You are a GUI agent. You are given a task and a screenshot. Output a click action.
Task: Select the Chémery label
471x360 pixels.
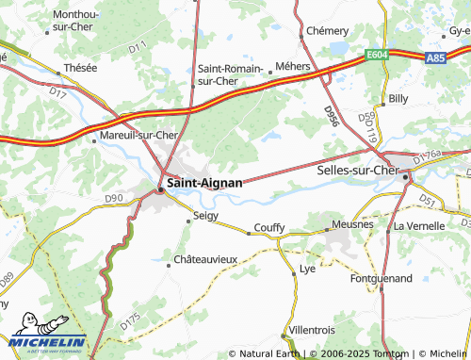coord(327,31)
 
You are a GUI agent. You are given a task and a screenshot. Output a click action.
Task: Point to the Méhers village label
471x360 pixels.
coord(287,66)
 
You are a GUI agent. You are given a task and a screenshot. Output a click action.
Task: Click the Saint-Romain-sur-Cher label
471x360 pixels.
coord(231,74)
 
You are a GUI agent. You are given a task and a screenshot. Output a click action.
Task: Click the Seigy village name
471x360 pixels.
coord(205,216)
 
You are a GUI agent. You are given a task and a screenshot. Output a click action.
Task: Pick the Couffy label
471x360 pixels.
coord(268,228)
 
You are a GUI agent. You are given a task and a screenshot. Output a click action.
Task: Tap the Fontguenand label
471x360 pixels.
coord(381,279)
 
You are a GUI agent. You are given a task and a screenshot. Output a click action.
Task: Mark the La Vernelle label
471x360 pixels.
coord(418,226)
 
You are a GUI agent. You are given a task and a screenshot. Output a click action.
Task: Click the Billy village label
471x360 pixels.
coord(398,98)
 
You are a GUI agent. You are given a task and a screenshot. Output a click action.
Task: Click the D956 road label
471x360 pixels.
coord(331,117)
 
